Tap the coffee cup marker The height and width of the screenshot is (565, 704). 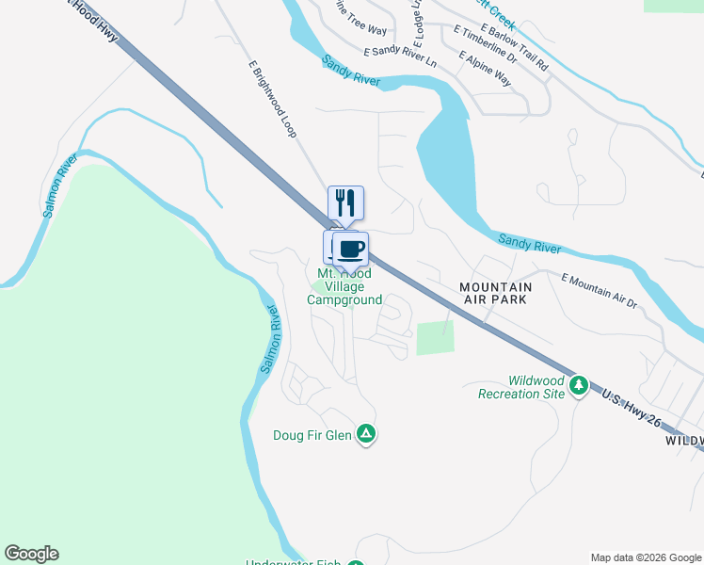[x=351, y=250]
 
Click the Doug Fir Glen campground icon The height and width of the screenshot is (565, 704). [x=367, y=434]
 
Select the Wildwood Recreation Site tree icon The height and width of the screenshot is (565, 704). [x=579, y=384]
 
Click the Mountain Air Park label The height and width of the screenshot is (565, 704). [x=495, y=293]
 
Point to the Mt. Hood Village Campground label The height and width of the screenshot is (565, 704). [x=344, y=287]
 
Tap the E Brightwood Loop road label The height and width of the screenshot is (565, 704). [x=273, y=100]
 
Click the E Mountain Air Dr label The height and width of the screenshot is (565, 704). [x=600, y=291]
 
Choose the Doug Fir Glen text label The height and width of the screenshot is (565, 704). [x=313, y=435]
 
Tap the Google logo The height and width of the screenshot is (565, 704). [x=31, y=554]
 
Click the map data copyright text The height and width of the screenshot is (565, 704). [x=646, y=557]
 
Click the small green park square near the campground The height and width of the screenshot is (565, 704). [x=435, y=338]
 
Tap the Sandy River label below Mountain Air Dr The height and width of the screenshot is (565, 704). [x=530, y=244]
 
